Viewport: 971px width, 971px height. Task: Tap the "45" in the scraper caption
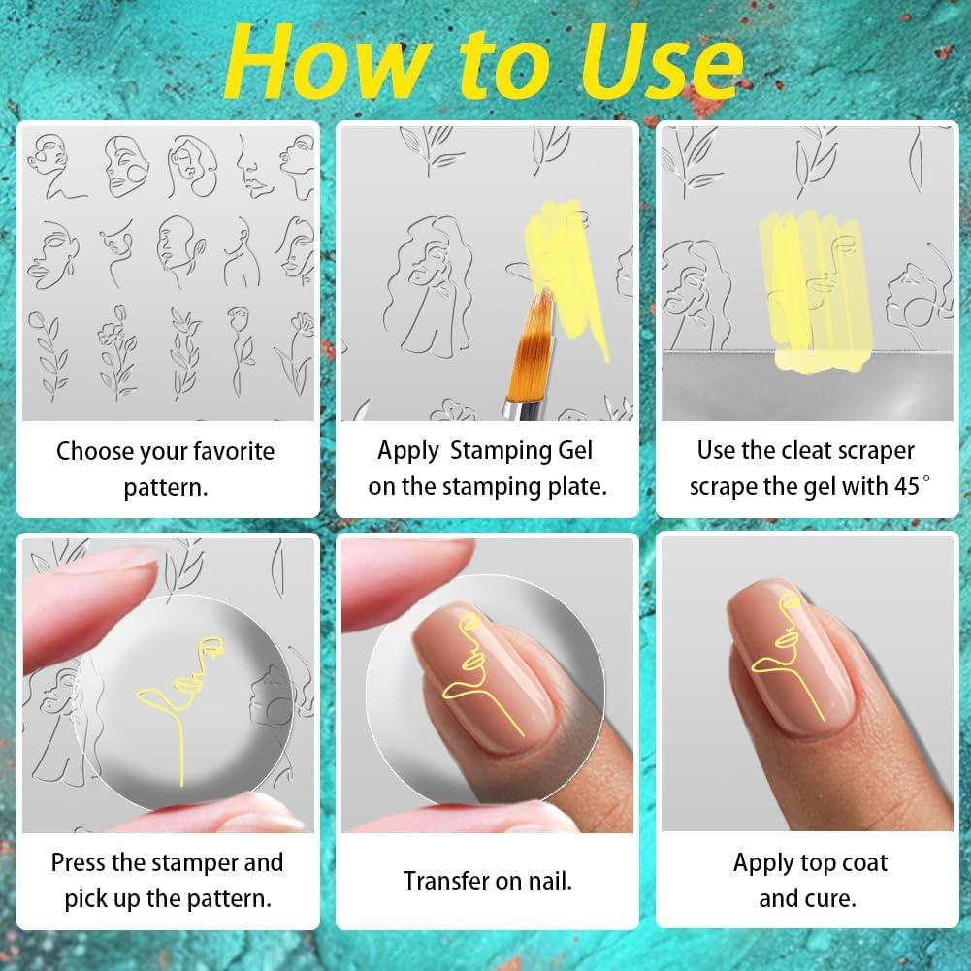coord(904,485)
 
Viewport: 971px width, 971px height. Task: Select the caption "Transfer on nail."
coord(487,881)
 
